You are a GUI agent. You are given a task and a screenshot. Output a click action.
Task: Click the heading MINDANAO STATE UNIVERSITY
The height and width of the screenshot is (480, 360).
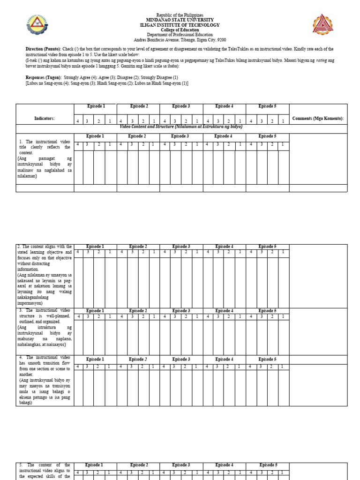pos(180,20)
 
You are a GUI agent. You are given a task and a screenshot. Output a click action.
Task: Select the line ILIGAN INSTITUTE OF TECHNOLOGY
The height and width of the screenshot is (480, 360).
pos(180,25)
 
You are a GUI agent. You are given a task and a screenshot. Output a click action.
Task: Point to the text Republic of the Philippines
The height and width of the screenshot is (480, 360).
pos(180,15)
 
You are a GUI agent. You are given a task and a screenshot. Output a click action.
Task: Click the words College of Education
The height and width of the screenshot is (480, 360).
pos(180,30)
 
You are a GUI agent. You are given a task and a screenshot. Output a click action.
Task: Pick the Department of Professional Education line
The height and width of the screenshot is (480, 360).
pos(180,35)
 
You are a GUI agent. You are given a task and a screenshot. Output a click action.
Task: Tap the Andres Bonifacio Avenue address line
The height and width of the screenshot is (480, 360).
pos(180,40)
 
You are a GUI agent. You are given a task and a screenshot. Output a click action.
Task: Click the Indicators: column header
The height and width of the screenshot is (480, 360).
pos(45,119)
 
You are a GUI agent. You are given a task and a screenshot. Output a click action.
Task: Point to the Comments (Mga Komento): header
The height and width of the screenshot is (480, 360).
pos(318,119)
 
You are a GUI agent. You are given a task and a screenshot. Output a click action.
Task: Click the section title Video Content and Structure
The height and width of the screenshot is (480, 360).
pos(181,127)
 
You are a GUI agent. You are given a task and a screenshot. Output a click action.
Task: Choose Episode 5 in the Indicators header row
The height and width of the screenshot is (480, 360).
pos(267,106)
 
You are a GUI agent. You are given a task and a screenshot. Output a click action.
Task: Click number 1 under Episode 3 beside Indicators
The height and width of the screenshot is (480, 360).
pos(197,121)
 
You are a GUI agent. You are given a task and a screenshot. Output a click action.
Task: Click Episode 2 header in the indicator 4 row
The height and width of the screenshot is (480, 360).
pos(138,360)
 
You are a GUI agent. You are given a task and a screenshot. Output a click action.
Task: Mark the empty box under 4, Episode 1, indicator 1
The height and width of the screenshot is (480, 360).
pos(79,167)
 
